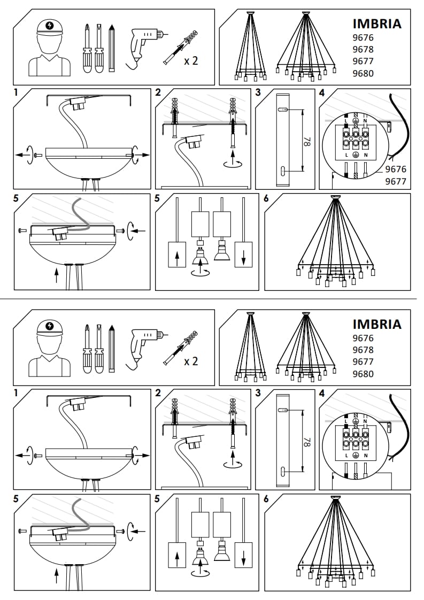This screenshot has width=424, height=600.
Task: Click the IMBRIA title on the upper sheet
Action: pos(377,24)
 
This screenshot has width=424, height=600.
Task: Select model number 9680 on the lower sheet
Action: pos(363,374)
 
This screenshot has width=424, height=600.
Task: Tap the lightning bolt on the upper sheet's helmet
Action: pos(50,25)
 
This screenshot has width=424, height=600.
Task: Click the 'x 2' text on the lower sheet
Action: pos(191,361)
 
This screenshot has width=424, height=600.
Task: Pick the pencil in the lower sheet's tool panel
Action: pos(112,348)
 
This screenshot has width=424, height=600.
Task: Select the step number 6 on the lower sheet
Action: pos(267,498)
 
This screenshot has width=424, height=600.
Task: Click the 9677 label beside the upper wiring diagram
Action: pos(396,181)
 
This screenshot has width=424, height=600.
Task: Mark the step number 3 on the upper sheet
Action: pos(259,92)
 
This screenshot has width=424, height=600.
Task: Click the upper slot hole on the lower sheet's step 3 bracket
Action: pos(283,410)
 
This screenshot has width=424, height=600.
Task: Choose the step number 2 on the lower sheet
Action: pos(158,393)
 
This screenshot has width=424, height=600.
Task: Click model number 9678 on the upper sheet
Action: pos(363,50)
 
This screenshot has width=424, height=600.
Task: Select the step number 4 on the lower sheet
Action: pos(322,393)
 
